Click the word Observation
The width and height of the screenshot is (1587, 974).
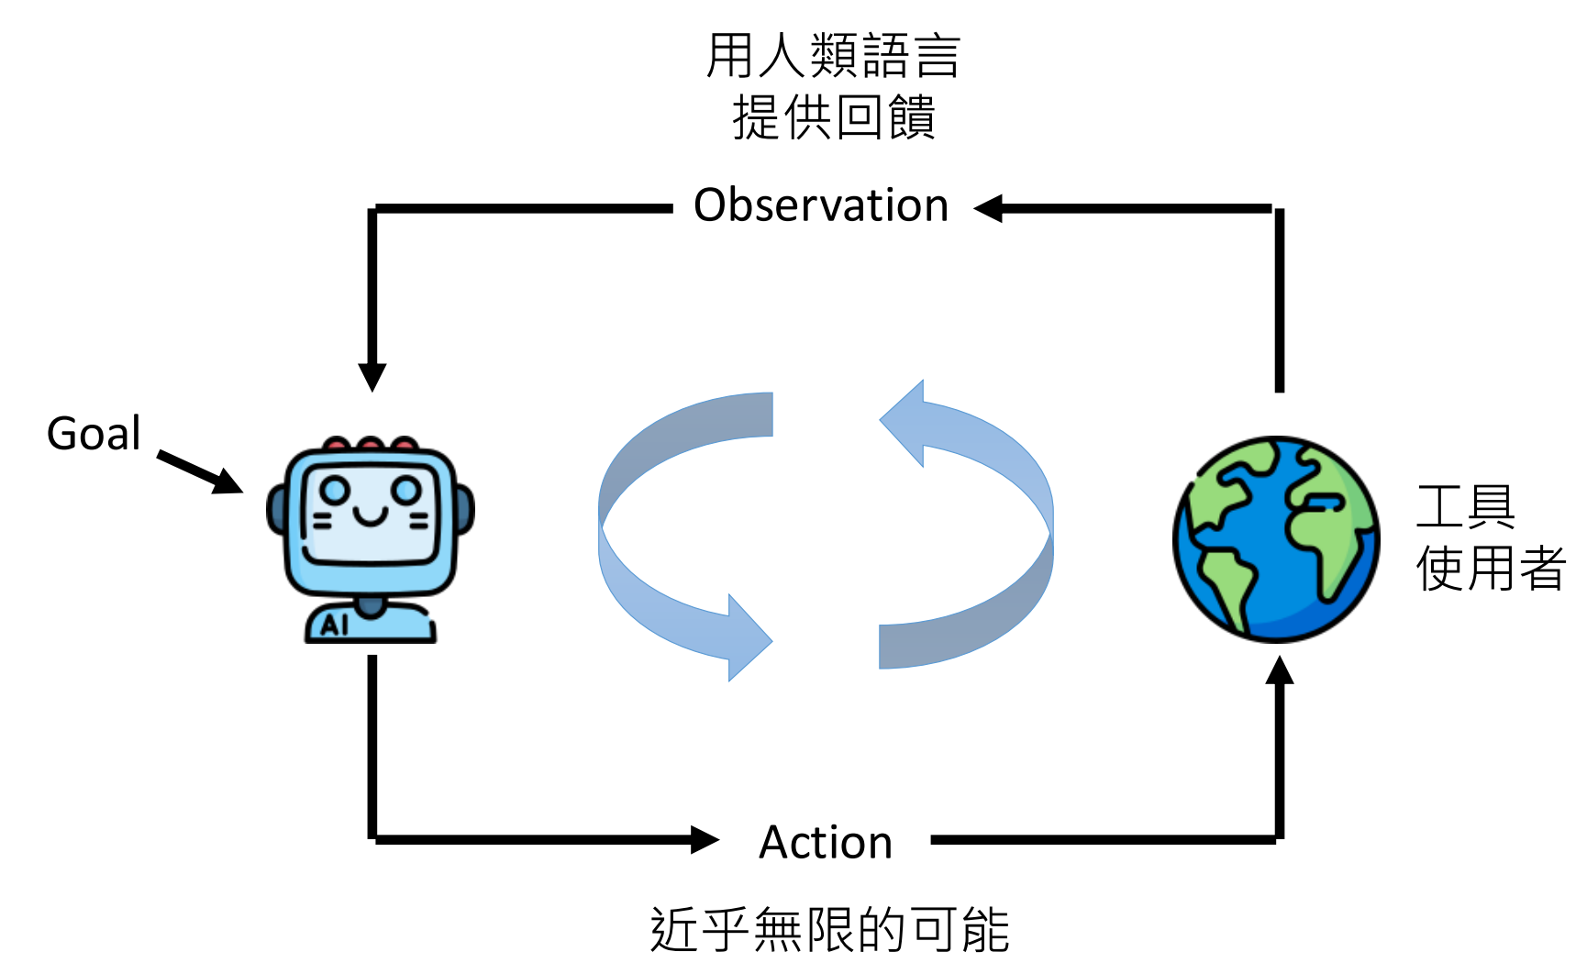pos(821,205)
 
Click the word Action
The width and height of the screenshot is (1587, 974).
pos(826,842)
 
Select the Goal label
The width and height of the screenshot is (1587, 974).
pos(94,434)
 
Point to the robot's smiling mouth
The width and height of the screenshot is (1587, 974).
pos(370,519)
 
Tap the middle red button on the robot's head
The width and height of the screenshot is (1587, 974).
pos(370,445)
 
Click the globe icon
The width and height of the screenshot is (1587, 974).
pos(1276,539)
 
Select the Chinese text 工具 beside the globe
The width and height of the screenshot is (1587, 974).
pos(1465,507)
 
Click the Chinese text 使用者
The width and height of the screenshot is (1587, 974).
pos(1491,569)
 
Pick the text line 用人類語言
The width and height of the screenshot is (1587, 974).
pos(833,57)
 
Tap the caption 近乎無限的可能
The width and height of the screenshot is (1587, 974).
pos(829,930)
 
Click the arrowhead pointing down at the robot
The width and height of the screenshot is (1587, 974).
pos(372,377)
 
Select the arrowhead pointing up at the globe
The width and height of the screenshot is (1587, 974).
pos(1280,671)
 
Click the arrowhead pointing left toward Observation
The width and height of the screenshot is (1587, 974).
pos(989,208)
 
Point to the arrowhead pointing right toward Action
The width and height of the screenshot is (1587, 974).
pos(704,839)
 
